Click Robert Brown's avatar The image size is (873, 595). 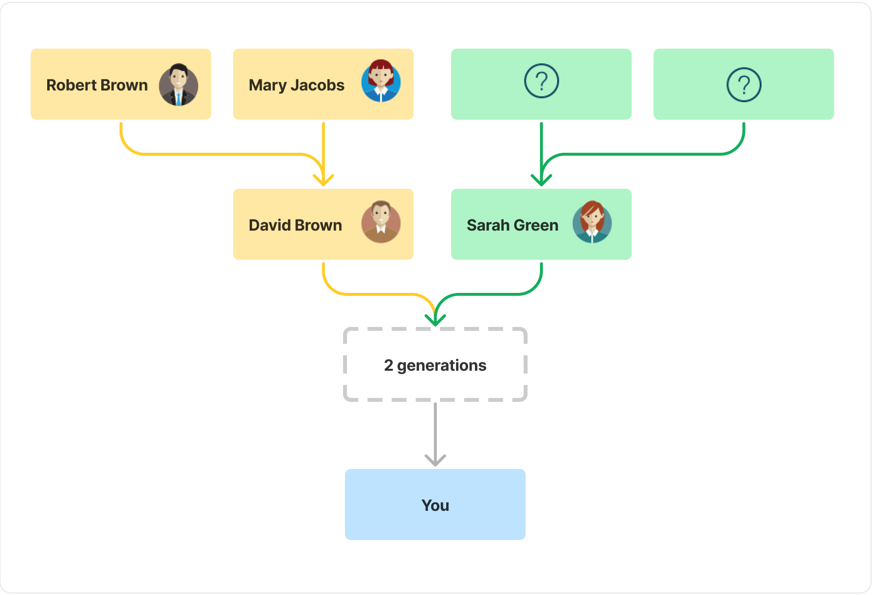coord(179,85)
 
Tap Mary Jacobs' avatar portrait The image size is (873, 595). coord(381,81)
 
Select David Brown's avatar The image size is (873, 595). coord(381,222)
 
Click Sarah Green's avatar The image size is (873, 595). coord(592,222)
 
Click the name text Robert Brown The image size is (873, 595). coord(97,85)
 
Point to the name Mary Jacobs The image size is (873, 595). coord(296,85)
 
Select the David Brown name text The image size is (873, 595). coord(295,225)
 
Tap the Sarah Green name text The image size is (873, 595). coord(512,225)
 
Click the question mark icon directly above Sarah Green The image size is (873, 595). coord(541,81)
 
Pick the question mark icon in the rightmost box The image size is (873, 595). coord(744,85)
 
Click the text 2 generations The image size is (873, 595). coord(435,365)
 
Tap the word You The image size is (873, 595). coord(435,505)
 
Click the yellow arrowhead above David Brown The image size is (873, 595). coord(323,180)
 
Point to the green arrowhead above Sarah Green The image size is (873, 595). coord(541,180)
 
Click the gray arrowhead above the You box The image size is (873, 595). coord(435,460)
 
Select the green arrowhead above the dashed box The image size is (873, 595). coord(435,320)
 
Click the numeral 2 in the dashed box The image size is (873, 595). coord(388,365)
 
